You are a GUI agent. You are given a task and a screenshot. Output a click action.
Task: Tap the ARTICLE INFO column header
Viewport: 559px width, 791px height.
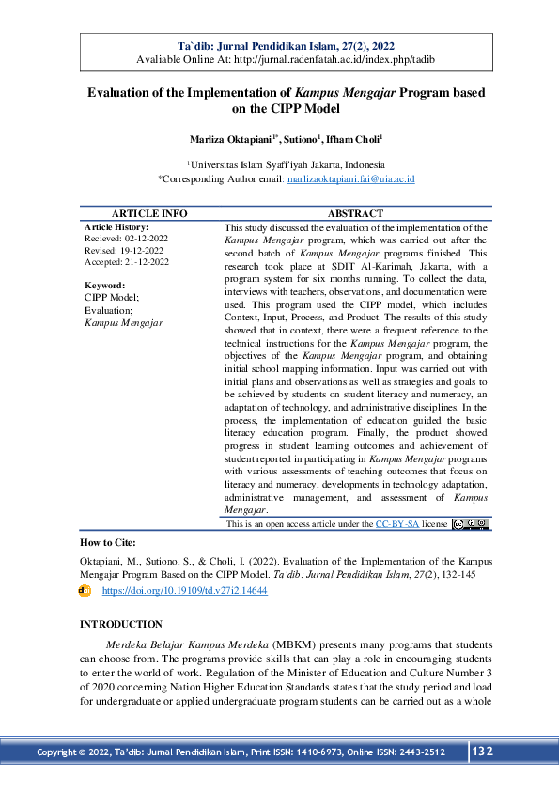[x=149, y=214]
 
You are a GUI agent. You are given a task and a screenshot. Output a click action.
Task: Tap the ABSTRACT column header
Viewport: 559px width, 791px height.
[x=355, y=214]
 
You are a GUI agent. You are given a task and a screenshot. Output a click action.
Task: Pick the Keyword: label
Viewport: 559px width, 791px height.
[x=104, y=285]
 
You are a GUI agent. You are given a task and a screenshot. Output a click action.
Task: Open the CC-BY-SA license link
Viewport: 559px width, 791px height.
[x=396, y=523]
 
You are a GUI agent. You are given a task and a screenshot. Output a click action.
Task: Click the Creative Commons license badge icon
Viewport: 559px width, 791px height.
[x=470, y=523]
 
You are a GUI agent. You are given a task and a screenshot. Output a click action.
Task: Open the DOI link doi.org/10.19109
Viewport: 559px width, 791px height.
[x=184, y=591]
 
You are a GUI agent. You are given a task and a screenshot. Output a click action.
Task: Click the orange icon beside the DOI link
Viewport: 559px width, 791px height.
[x=85, y=591]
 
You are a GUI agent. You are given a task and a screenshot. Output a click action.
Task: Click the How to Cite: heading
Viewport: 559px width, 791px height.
[x=108, y=542]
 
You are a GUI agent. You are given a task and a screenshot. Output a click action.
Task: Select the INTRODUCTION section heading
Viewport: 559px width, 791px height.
[x=121, y=625]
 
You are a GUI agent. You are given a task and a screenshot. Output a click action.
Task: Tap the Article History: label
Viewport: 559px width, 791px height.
[x=116, y=227]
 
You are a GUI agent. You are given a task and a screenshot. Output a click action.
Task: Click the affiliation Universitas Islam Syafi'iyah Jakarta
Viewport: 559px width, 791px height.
[x=283, y=163]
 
